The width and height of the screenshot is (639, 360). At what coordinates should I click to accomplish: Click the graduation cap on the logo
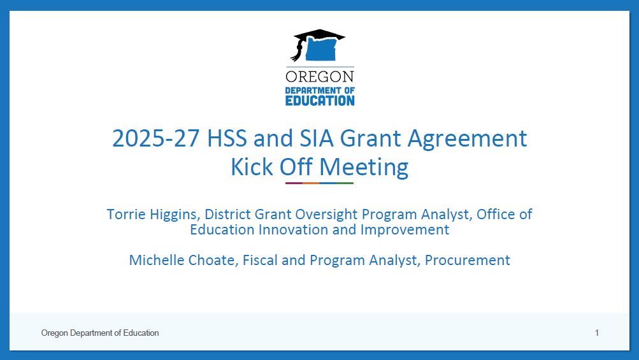[x=318, y=36]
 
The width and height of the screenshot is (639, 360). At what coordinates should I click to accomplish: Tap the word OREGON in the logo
[x=319, y=77]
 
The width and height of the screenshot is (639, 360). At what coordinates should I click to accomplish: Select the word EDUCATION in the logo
[x=319, y=100]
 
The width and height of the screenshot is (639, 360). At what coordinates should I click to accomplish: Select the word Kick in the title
[x=252, y=167]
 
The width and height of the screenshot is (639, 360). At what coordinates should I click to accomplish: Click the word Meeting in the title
[x=364, y=168]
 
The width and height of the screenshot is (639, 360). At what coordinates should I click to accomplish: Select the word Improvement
[x=405, y=230]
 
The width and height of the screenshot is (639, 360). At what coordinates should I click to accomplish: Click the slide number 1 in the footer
[x=596, y=333]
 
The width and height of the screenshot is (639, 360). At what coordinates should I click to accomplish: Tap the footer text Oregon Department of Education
[x=100, y=333]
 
